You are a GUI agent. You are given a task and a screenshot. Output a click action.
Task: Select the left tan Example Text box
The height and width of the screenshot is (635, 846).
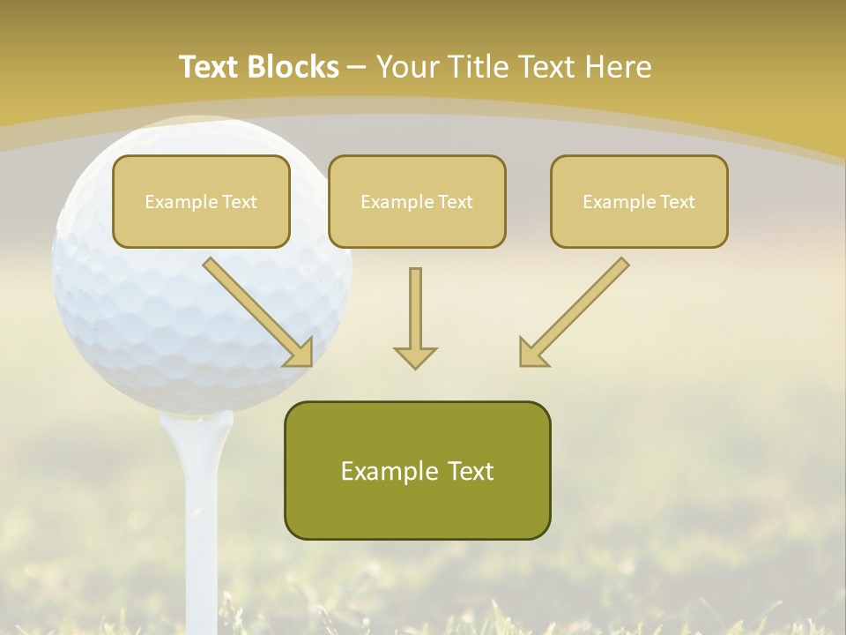(x=201, y=201)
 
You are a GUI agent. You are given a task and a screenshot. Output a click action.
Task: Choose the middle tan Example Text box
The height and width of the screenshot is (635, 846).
(x=417, y=201)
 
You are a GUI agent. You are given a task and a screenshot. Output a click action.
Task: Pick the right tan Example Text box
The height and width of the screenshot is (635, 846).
(x=639, y=201)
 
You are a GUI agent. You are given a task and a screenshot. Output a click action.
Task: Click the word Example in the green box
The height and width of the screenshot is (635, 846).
(x=381, y=471)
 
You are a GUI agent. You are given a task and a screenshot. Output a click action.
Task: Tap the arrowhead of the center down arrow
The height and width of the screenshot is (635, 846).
(x=415, y=356)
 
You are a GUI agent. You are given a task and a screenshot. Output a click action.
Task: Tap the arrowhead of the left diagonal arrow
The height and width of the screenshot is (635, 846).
(x=300, y=353)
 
